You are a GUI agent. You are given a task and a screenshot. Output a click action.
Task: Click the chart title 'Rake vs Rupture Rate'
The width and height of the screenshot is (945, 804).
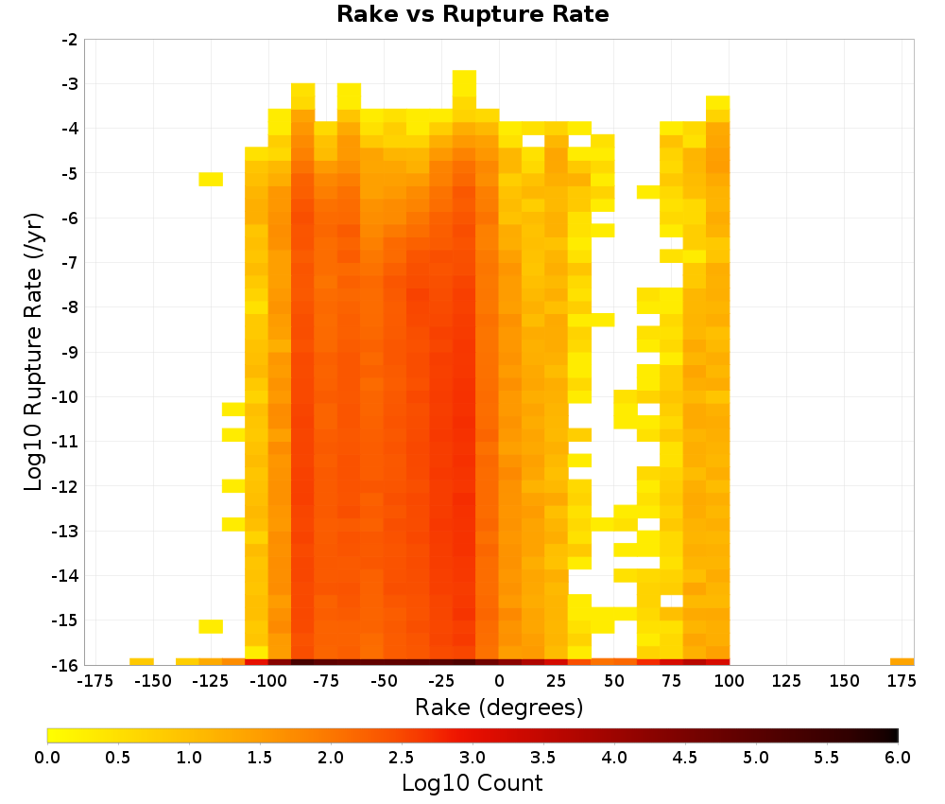pos(472,14)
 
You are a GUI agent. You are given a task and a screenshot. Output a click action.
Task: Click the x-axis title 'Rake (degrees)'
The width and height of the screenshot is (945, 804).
pos(499,707)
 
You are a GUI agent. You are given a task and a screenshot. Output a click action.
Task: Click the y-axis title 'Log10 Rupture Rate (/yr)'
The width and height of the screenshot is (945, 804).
pos(33,352)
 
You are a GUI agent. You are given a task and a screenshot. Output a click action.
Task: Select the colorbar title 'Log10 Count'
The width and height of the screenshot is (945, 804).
pos(472,783)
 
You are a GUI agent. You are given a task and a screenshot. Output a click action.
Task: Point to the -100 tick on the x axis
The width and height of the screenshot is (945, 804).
pos(268,681)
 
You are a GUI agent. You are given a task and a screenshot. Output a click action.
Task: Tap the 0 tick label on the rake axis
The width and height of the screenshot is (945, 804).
pos(499,681)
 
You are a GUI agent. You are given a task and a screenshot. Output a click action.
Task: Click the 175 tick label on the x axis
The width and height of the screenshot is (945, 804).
pos(902,681)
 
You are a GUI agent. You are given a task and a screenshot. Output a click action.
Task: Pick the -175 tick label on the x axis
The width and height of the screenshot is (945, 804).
pos(95,681)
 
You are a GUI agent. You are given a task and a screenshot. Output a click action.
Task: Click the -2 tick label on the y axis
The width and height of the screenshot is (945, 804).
pos(69,40)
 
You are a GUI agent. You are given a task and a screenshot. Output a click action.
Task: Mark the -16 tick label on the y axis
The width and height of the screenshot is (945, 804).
pos(65,665)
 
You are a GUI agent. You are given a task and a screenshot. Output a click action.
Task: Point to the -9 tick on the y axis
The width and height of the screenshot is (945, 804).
pos(69,352)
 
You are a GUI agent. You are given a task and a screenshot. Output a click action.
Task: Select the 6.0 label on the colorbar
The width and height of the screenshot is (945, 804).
pos(898,758)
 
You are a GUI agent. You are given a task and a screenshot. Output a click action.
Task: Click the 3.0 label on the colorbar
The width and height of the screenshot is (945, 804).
pos(472,758)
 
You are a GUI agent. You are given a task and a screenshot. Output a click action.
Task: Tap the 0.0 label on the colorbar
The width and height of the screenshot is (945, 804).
pos(47,758)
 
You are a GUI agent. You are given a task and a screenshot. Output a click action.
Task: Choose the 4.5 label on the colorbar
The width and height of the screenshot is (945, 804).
pos(685,758)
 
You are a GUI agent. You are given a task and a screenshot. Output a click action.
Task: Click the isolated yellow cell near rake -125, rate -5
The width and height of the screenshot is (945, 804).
pos(211,179)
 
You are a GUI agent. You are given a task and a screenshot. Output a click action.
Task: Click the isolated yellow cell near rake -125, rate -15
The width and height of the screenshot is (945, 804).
pos(211,627)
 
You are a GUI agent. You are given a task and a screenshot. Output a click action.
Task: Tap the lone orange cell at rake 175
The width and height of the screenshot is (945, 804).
pos(902,662)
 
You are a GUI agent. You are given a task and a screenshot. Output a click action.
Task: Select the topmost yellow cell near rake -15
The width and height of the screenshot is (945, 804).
pos(465,83)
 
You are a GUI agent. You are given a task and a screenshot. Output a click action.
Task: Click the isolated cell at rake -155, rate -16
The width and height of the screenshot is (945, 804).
pos(142,662)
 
